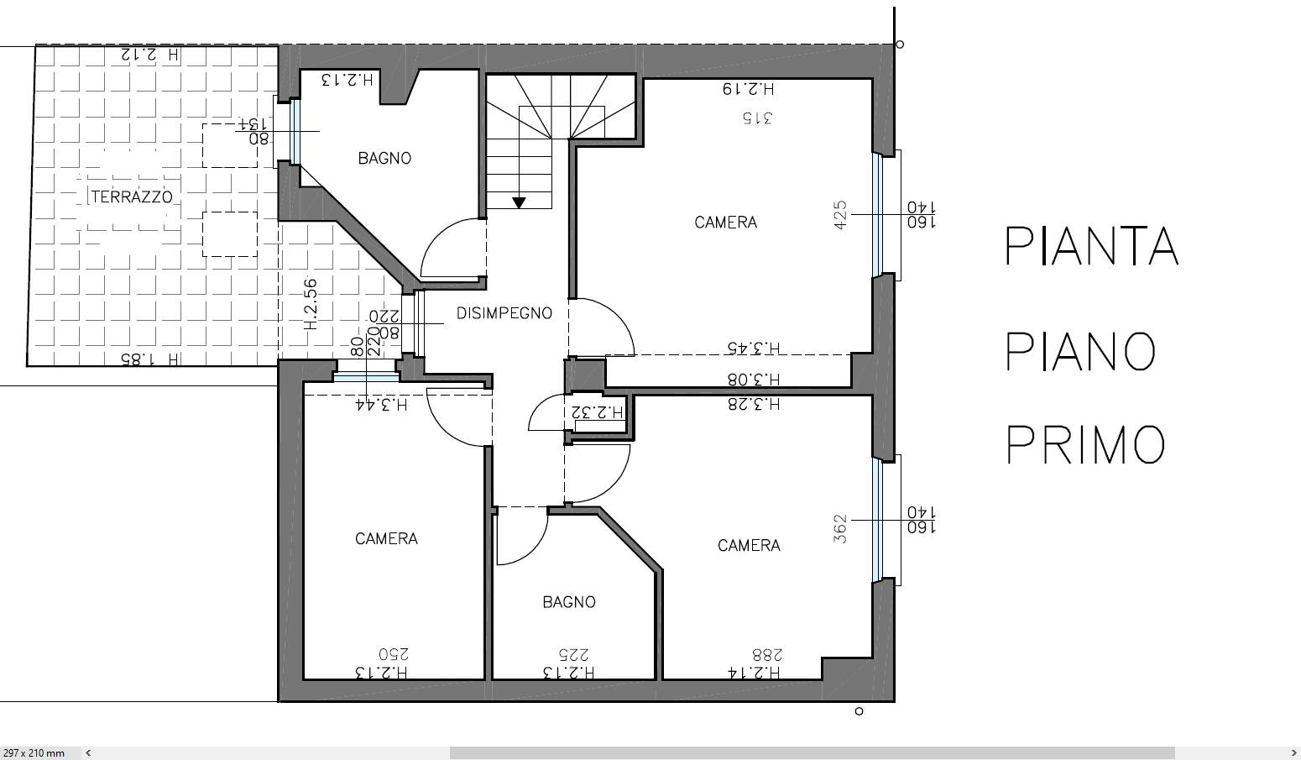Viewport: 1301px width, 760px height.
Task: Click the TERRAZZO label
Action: pyautogui.click(x=132, y=197)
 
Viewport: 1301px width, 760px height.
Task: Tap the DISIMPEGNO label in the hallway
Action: pyautogui.click(x=504, y=313)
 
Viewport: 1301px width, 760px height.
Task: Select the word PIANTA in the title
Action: pyautogui.click(x=1092, y=246)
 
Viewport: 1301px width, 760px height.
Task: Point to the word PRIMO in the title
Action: pyautogui.click(x=1085, y=444)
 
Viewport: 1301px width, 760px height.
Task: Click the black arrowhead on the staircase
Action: pyautogui.click(x=519, y=202)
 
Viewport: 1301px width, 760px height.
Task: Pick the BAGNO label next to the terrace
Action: pyautogui.click(x=384, y=158)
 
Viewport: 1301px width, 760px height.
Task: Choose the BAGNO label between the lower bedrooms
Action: pyautogui.click(x=569, y=602)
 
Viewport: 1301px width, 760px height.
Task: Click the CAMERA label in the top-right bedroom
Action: pyautogui.click(x=726, y=223)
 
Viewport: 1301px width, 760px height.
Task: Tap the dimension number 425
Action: pyautogui.click(x=840, y=215)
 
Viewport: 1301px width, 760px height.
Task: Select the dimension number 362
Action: pyautogui.click(x=840, y=529)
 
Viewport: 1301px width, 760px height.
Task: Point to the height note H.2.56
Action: pyautogui.click(x=311, y=305)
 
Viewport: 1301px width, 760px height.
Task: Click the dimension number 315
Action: pyautogui.click(x=757, y=118)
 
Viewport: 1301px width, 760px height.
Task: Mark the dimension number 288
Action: pyautogui.click(x=767, y=655)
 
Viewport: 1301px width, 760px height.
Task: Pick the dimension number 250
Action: pyautogui.click(x=393, y=653)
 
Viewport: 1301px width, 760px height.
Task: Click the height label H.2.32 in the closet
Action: pyautogui.click(x=598, y=412)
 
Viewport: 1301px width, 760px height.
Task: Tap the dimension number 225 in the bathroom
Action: pyautogui.click(x=574, y=654)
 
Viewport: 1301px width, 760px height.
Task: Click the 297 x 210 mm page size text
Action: pyautogui.click(x=34, y=753)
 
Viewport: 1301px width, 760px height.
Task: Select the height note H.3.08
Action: pyautogui.click(x=754, y=380)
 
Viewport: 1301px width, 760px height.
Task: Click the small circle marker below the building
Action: pyautogui.click(x=859, y=711)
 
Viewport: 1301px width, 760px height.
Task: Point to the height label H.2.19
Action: pyautogui.click(x=749, y=89)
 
